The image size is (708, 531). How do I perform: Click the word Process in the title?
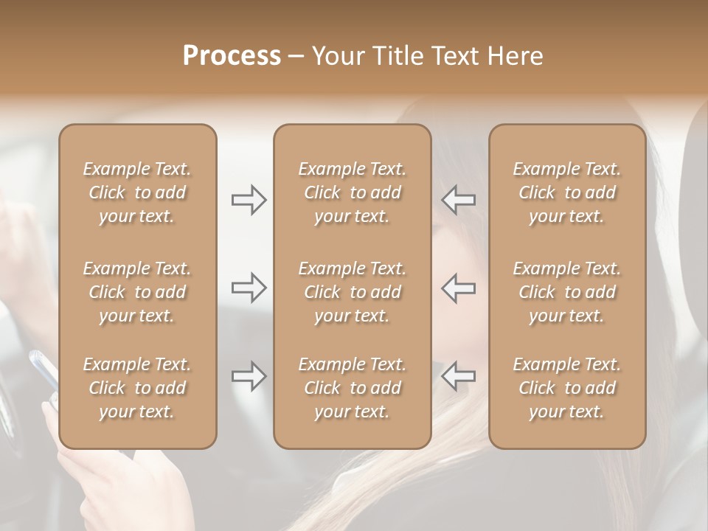(x=232, y=55)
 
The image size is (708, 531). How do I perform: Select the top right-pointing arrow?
(x=249, y=199)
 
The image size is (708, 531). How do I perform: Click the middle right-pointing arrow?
(x=249, y=288)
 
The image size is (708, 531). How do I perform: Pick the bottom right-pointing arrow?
(x=249, y=376)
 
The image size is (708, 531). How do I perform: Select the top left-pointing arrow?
(x=458, y=199)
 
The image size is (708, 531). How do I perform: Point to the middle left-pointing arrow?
(x=458, y=288)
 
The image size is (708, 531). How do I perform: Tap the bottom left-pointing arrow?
(x=458, y=376)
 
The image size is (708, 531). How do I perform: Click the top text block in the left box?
(x=137, y=192)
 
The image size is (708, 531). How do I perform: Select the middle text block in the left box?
(x=137, y=292)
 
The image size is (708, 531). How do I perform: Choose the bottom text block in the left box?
(x=137, y=388)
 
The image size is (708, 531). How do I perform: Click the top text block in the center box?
(x=353, y=192)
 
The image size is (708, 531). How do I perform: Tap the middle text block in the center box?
(x=353, y=292)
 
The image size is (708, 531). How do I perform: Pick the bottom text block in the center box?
(x=353, y=388)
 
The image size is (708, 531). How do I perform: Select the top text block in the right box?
(x=567, y=192)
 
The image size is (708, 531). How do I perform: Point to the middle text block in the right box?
(x=567, y=292)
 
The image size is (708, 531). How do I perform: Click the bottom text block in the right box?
(x=567, y=388)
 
